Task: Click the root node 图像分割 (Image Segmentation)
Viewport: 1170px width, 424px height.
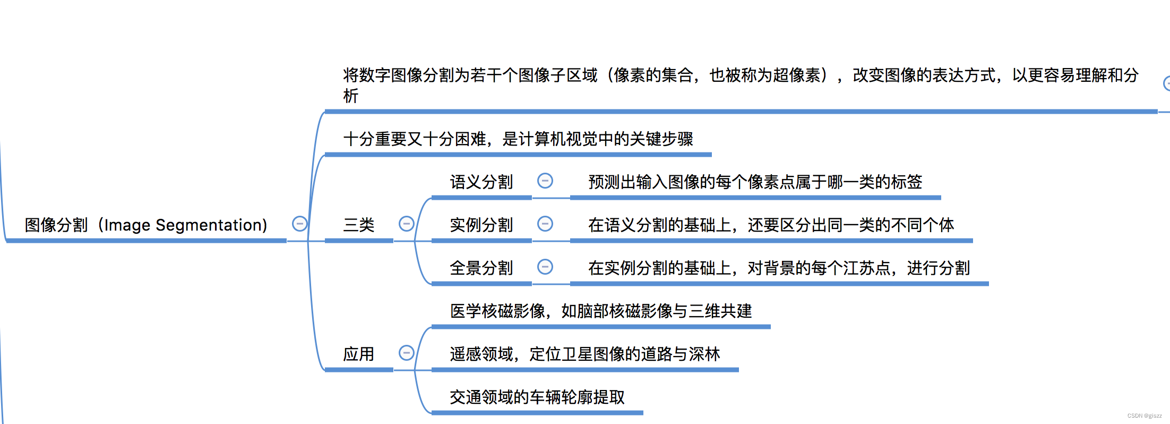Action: click(146, 225)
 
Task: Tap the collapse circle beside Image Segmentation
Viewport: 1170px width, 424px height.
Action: click(299, 224)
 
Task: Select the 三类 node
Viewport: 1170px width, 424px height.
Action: click(359, 225)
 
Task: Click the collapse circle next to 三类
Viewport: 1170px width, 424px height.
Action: click(406, 224)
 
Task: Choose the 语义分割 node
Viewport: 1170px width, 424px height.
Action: click(481, 182)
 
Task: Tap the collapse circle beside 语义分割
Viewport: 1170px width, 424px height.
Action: click(545, 181)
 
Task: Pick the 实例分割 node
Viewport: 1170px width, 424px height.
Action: click(481, 225)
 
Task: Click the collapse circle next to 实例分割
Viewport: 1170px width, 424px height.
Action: click(545, 224)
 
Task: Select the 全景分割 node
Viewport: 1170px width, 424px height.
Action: click(481, 268)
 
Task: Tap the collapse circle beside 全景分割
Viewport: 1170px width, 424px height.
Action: click(545, 267)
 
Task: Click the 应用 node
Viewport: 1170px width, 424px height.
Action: click(359, 354)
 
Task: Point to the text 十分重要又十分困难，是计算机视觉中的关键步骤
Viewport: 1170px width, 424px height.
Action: click(518, 139)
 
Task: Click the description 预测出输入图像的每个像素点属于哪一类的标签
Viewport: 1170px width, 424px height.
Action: click(755, 182)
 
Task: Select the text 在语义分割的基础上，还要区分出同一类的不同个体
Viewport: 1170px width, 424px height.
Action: click(771, 225)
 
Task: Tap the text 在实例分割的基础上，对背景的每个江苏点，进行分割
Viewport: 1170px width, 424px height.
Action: click(779, 268)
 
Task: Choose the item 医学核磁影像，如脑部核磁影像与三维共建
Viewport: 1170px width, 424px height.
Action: click(601, 311)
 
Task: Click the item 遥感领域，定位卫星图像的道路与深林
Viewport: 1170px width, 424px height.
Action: click(585, 354)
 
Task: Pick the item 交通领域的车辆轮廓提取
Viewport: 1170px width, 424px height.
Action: click(537, 397)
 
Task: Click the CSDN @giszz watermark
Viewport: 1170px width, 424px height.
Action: click(1145, 416)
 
